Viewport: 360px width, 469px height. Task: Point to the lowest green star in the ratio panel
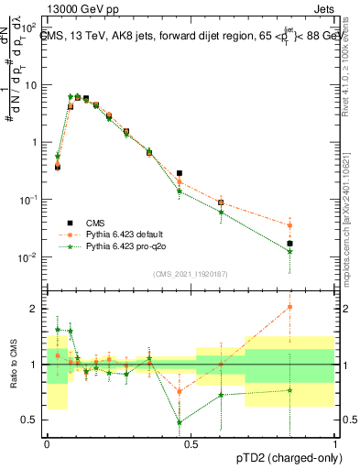(180, 422)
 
